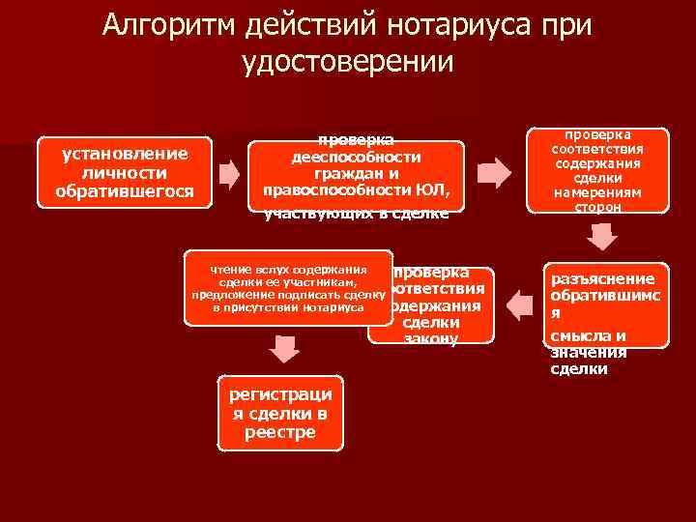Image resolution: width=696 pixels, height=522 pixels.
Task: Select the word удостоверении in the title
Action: (347, 62)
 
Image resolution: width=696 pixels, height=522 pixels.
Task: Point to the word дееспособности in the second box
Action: (356, 157)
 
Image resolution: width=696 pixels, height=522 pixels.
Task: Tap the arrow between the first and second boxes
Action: (228, 173)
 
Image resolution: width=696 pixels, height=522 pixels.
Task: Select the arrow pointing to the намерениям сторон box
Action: (494, 173)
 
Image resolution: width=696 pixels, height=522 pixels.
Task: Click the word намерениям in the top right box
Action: (596, 192)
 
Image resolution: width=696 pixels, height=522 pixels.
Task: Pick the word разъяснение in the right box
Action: (602, 278)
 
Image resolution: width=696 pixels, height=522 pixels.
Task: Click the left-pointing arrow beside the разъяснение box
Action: (520, 305)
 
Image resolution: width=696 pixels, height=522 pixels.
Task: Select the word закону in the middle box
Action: (431, 339)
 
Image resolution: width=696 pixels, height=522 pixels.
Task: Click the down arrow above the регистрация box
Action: (282, 349)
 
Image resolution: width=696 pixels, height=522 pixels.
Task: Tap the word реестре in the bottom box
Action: (281, 432)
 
